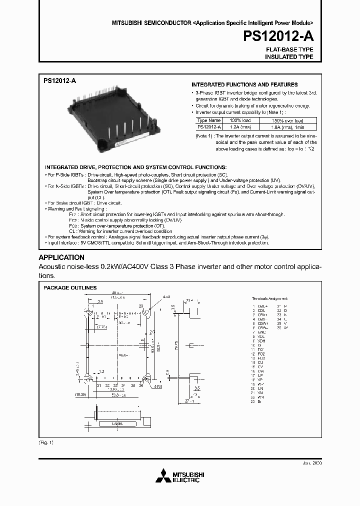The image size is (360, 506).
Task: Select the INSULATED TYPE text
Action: click(x=289, y=57)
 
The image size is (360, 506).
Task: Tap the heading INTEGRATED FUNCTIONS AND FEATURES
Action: click(x=244, y=84)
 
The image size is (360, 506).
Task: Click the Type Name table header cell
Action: click(x=208, y=120)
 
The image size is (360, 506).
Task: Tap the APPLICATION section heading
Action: click(x=62, y=257)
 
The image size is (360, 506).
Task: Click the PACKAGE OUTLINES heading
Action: click(x=70, y=287)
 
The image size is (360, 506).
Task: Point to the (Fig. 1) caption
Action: click(x=45, y=442)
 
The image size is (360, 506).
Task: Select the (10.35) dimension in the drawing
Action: click(x=81, y=394)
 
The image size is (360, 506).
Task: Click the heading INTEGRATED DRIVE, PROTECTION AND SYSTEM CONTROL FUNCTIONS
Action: click(x=135, y=166)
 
